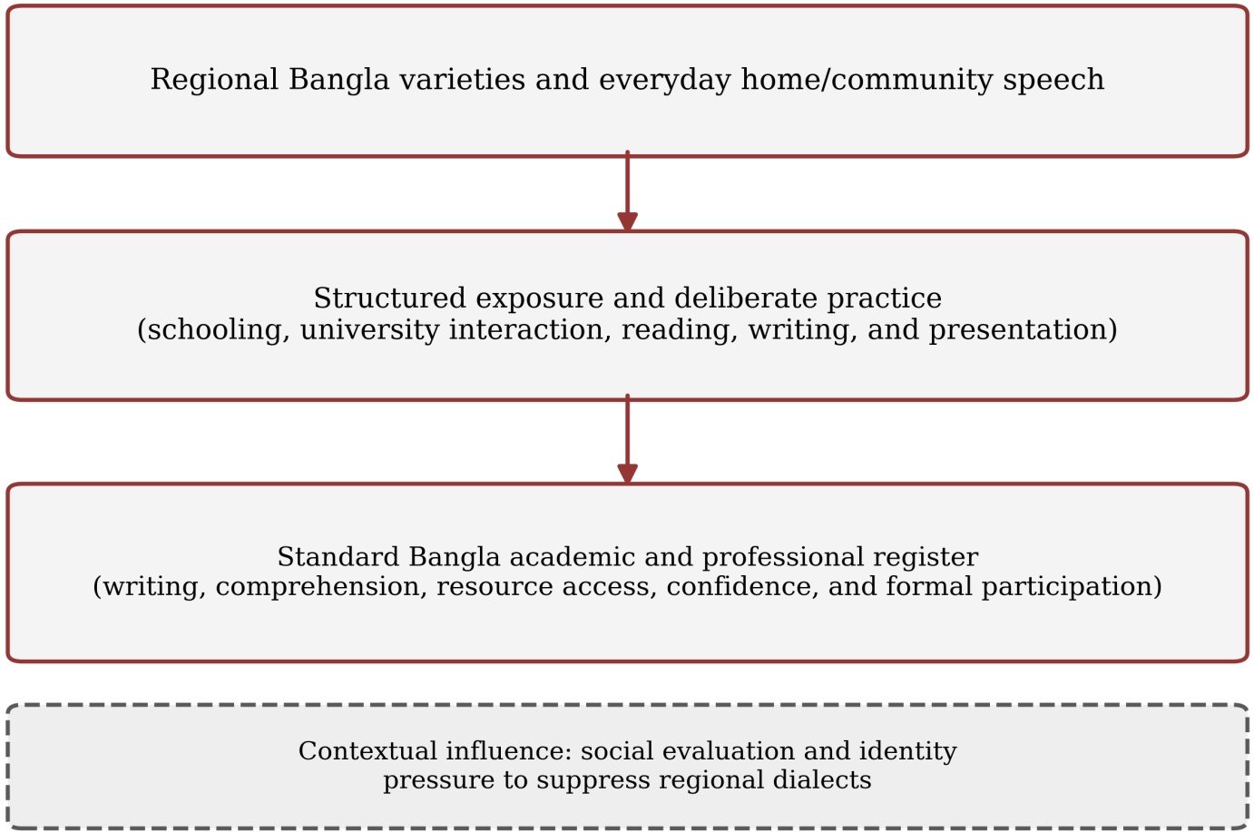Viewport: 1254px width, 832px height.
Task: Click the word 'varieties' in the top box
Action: [x=462, y=79]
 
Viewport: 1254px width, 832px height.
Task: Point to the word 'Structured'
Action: [x=389, y=298]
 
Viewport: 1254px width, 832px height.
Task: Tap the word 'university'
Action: [x=369, y=330]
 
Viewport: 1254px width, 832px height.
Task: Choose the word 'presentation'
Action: [x=1018, y=330]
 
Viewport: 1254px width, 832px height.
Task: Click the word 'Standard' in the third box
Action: [x=338, y=557]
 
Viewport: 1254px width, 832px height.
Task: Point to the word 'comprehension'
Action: [x=318, y=587]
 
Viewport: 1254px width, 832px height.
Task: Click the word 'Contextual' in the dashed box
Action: [x=367, y=751]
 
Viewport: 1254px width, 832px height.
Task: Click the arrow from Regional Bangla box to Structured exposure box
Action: [x=628, y=191]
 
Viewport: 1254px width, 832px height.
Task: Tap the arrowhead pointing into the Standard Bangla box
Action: [x=628, y=474]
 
